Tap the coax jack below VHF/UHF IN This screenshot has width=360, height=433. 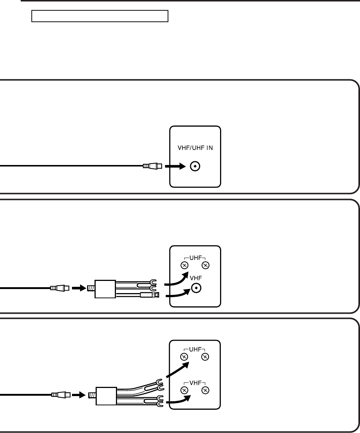click(195, 167)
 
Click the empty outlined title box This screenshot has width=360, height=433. click(100, 17)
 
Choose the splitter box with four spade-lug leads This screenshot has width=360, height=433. click(106, 395)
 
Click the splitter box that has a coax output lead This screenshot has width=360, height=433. click(105, 289)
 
